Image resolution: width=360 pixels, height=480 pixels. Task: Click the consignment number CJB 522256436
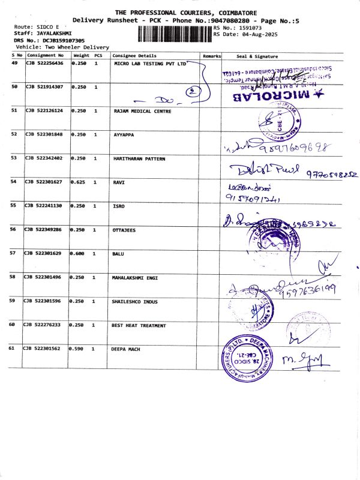tap(44, 63)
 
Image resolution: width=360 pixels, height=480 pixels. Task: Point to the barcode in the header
tap(174, 31)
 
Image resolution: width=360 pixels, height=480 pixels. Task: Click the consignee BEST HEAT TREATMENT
tap(139, 325)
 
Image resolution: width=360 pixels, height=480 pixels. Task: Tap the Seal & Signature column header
tap(257, 56)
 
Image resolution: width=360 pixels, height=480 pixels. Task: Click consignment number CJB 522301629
tap(44, 254)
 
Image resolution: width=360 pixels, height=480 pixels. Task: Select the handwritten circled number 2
tap(191, 92)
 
